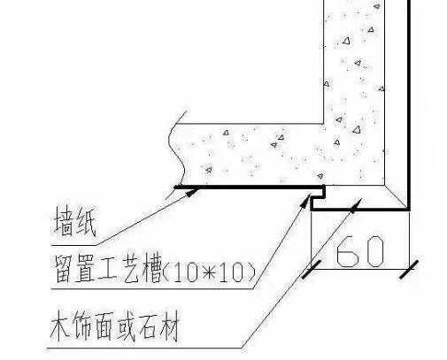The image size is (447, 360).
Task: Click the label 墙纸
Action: pos(75,221)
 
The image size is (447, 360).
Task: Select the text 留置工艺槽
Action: pos(109,269)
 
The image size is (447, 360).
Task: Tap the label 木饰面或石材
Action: pos(115,326)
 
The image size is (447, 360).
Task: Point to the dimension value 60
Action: pos(360,251)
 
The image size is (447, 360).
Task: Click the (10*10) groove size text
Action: pos(209,272)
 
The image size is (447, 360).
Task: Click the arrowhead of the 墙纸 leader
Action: pos(193,193)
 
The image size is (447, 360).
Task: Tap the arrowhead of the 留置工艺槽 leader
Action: pos(306,201)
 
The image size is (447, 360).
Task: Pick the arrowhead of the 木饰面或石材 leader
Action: pos(356,205)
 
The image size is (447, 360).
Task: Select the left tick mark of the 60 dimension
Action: pos(312,269)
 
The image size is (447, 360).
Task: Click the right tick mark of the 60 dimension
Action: pos(409,269)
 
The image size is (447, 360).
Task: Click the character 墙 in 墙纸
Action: pos(65,221)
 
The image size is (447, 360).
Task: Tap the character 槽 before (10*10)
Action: pos(152,269)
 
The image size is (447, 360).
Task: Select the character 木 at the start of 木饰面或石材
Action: pos(60,326)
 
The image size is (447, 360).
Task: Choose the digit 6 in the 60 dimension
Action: pos(348,251)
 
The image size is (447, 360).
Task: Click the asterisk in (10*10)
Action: pos(209,272)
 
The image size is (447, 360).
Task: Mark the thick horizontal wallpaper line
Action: pos(250,187)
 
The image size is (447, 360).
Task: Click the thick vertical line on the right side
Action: pos(409,104)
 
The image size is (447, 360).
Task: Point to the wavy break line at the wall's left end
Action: pos(177,153)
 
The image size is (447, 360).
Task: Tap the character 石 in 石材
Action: pos(149,326)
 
